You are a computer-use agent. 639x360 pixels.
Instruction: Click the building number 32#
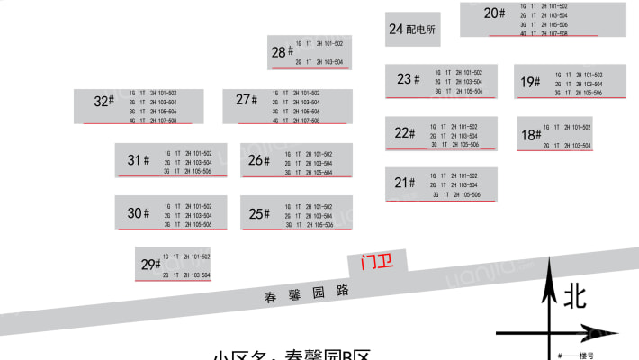coord(104,102)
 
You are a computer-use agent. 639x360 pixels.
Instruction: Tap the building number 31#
coord(138,160)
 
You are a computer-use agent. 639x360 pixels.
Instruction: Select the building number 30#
coord(138,213)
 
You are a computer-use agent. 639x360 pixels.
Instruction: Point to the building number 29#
coord(150,265)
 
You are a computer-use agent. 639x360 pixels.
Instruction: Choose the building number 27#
coord(247,100)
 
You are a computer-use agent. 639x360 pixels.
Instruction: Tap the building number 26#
coord(259,160)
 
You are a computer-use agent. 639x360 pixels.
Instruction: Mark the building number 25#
coord(259,213)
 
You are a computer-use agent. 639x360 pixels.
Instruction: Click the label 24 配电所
coord(412,30)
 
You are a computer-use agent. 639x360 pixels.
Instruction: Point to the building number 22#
coord(405,133)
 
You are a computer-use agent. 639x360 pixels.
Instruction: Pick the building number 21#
coord(405,183)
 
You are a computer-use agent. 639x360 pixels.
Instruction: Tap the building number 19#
coord(530,83)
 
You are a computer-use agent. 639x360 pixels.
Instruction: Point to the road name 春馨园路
coord(306,294)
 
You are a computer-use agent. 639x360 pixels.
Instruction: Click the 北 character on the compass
coord(577,295)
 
